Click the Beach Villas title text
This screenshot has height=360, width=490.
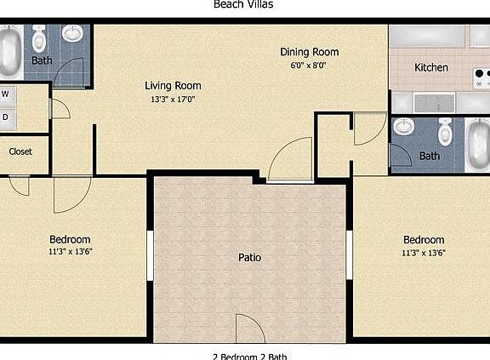[x=243, y=4]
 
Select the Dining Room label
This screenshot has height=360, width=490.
[x=304, y=52]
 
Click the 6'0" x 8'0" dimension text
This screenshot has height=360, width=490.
[x=304, y=65]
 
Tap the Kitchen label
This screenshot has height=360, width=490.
[x=430, y=67]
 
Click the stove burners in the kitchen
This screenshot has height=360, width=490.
[x=482, y=78]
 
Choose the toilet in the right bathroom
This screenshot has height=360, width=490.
[x=444, y=133]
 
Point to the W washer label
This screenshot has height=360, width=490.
[x=5, y=94]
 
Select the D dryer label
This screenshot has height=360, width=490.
[x=5, y=117]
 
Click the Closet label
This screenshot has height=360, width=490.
[x=20, y=151]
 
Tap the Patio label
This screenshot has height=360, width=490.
[x=248, y=257]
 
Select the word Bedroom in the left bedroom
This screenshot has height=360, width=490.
[x=70, y=239]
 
